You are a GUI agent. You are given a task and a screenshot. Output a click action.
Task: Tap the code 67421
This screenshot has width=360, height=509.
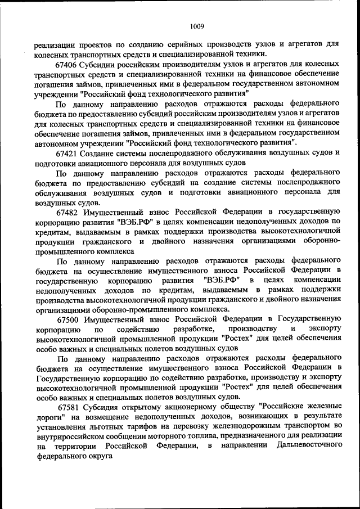(67, 153)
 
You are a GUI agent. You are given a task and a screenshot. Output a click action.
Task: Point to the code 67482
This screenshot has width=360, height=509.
(67, 212)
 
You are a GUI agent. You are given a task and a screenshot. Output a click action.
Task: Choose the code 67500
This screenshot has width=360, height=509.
(67, 319)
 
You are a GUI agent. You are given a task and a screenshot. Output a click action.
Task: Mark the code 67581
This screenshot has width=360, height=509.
(67, 407)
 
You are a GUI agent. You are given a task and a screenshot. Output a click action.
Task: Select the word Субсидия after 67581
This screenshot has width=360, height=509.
(99, 407)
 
